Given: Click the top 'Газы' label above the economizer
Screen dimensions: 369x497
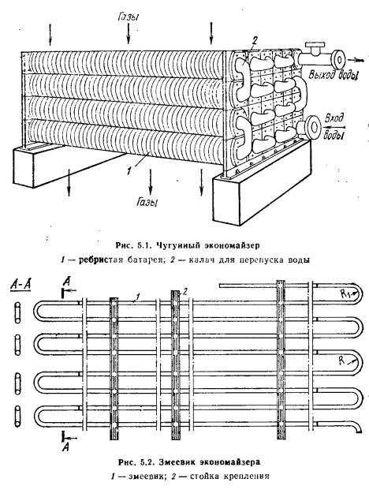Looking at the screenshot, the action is point(129,17).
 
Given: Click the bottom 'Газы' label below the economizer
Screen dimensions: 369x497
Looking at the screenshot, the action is point(147,202).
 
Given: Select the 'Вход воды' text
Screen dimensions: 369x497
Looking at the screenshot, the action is point(334,127).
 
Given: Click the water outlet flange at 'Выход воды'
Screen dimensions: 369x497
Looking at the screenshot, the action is point(338,58).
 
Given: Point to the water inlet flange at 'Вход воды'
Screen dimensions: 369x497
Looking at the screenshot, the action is point(313,126).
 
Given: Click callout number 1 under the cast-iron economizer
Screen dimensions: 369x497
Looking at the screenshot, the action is point(129,170).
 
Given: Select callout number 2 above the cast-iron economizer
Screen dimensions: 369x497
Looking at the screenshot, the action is point(255,40).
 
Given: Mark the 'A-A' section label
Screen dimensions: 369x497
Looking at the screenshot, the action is point(21,285).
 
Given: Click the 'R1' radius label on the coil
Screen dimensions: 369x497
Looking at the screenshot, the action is point(345,293).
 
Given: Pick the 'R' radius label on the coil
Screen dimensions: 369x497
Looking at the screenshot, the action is point(341,361).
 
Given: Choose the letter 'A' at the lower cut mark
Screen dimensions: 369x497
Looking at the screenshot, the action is point(66,447).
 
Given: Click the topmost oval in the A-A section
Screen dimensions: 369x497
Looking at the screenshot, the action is point(17,312).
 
